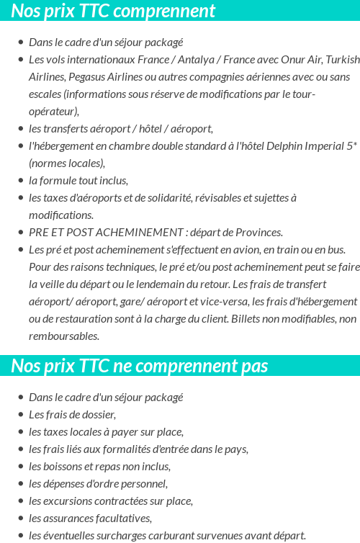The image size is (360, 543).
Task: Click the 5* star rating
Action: pyautogui.click(x=351, y=145)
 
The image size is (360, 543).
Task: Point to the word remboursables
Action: pyautogui.click(x=63, y=336)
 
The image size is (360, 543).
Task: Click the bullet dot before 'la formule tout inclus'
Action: pyautogui.click(x=21, y=181)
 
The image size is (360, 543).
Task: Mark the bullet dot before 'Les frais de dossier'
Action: pyautogui.click(x=21, y=415)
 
